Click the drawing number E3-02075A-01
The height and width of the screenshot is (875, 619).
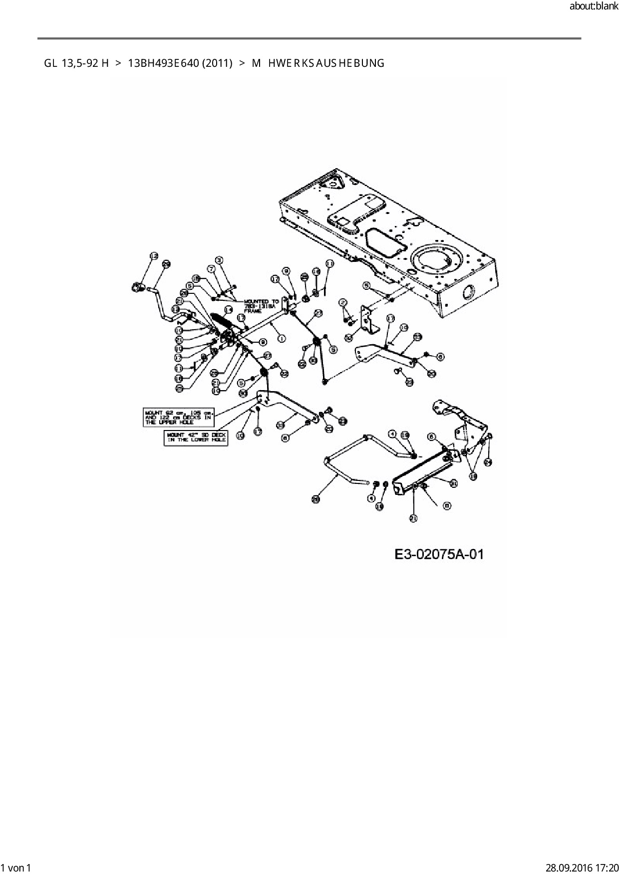pyautogui.click(x=439, y=554)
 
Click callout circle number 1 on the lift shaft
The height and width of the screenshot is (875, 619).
pyautogui.click(x=282, y=339)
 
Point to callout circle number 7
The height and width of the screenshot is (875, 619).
pyautogui.click(x=211, y=269)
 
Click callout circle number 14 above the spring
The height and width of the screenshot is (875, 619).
pyautogui.click(x=229, y=310)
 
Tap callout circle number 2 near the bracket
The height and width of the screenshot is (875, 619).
pyautogui.click(x=342, y=303)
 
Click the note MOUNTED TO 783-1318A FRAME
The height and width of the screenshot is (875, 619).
pyautogui.click(x=262, y=306)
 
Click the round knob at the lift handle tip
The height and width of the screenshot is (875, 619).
pyautogui.click(x=136, y=287)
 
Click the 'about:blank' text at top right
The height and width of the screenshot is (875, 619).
pyautogui.click(x=594, y=7)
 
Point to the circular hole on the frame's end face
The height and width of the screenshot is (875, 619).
pyautogui.click(x=469, y=293)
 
